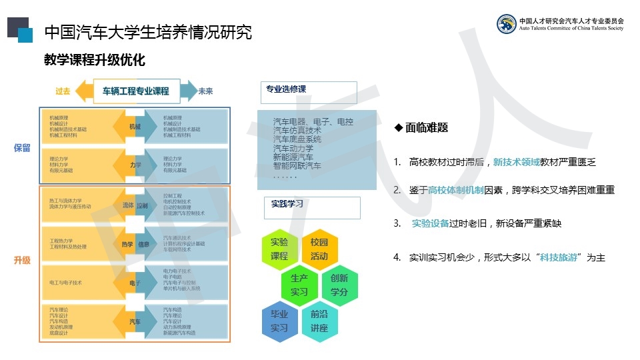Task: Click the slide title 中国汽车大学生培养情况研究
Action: (147, 32)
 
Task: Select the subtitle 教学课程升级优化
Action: (94, 61)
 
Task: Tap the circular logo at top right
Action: (507, 24)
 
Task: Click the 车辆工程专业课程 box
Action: (135, 91)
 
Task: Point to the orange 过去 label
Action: (63, 91)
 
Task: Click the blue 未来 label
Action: (205, 91)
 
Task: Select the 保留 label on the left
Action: (22, 148)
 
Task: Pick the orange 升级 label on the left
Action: (22, 261)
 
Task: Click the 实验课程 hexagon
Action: (279, 249)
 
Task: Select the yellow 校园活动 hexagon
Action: (319, 249)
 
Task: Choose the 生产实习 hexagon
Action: (299, 285)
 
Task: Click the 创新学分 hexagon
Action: (339, 285)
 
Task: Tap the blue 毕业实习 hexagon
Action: (279, 321)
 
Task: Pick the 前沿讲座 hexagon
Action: (319, 321)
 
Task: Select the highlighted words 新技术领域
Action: (516, 162)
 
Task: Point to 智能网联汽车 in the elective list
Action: (297, 165)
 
